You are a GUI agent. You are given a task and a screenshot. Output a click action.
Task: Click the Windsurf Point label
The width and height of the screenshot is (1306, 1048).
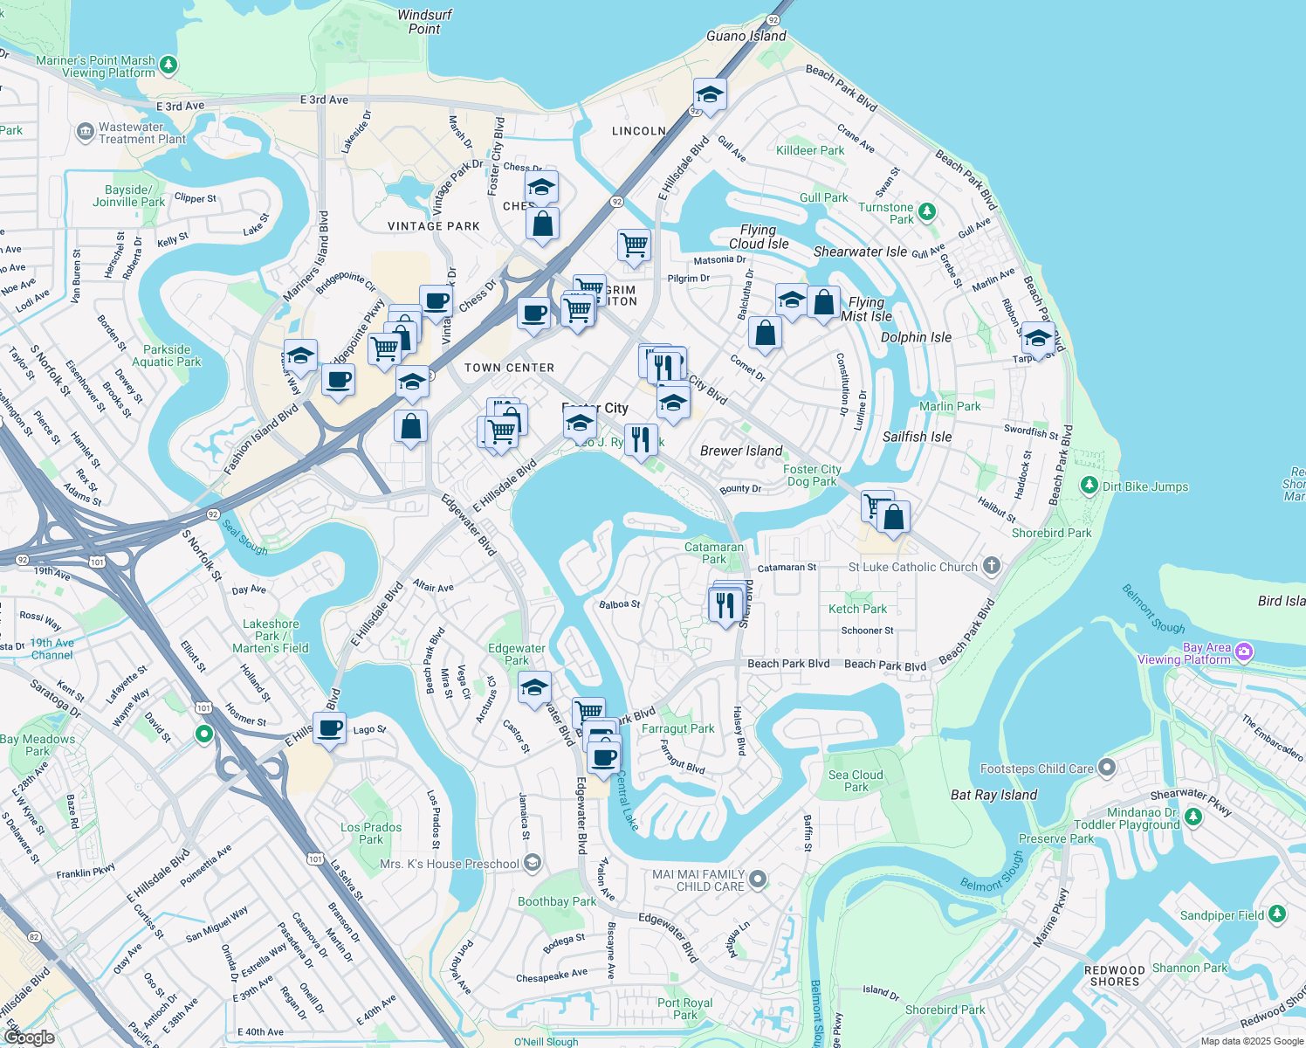(x=424, y=22)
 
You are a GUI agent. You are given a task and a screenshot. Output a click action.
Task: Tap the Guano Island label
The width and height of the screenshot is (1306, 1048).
(x=746, y=36)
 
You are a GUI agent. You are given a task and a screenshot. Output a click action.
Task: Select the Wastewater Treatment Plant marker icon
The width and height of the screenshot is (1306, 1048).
(x=85, y=133)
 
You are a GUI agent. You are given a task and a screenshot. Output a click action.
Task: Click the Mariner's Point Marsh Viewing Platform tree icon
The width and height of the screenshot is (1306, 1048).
(x=168, y=65)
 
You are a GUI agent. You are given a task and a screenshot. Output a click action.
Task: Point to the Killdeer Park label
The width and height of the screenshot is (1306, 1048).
(x=810, y=150)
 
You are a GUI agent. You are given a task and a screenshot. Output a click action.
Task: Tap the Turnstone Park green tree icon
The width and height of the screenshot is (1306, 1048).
(x=927, y=211)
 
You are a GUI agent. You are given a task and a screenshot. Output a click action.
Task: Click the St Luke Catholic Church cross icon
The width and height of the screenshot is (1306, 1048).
(x=991, y=566)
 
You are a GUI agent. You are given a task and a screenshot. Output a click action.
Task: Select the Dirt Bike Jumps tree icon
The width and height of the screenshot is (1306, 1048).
(x=1089, y=486)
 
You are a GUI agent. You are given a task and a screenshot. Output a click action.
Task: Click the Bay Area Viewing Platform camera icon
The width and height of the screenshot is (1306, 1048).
(x=1244, y=652)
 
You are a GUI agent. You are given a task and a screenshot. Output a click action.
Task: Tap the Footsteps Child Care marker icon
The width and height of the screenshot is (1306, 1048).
(x=1107, y=768)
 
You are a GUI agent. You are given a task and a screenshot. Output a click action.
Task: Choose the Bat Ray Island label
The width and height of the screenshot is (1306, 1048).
(x=993, y=795)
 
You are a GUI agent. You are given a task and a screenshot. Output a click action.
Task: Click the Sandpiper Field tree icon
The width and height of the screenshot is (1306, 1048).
(x=1277, y=914)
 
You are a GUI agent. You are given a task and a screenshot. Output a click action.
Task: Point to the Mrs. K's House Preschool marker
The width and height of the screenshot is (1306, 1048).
(x=533, y=864)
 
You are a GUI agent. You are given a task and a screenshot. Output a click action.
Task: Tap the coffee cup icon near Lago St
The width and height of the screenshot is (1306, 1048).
(x=329, y=727)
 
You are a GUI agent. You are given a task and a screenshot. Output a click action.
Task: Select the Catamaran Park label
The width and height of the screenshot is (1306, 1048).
(x=714, y=553)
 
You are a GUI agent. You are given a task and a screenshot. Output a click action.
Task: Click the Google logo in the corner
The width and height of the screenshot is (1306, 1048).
(x=29, y=1037)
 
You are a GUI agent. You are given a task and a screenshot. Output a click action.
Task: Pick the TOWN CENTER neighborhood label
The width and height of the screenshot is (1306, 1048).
(x=509, y=368)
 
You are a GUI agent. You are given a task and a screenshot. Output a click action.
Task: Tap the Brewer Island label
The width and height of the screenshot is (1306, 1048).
(x=741, y=451)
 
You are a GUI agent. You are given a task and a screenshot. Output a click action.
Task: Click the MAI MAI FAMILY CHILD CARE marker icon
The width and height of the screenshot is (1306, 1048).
(x=758, y=879)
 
